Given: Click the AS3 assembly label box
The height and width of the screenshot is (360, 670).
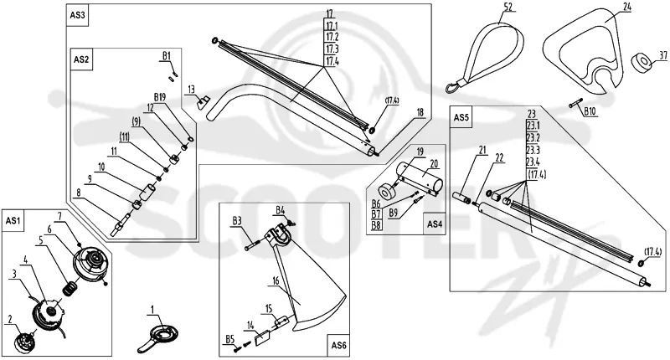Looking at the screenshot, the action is click(78, 15).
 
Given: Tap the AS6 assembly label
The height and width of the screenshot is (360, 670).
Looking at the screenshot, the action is click(339, 345).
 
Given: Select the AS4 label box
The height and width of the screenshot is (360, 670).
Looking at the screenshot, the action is click(434, 224).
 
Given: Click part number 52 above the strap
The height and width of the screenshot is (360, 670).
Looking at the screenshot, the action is click(508, 7).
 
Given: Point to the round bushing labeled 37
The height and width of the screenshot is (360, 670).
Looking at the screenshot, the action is click(642, 61).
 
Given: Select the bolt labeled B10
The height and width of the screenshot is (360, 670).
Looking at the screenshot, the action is click(575, 105).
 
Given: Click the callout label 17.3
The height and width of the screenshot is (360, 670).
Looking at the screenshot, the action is click(332, 49).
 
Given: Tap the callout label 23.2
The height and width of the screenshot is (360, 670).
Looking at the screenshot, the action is click(533, 137).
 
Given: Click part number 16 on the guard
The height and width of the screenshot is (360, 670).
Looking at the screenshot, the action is click(276, 280).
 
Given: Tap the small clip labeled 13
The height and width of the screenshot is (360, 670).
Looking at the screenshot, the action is click(202, 102).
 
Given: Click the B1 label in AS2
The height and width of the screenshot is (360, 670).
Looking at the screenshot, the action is click(166, 55).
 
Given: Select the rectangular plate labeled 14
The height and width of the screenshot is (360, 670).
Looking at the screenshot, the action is click(261, 338).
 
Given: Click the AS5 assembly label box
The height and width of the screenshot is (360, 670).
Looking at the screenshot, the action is click(461, 117).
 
